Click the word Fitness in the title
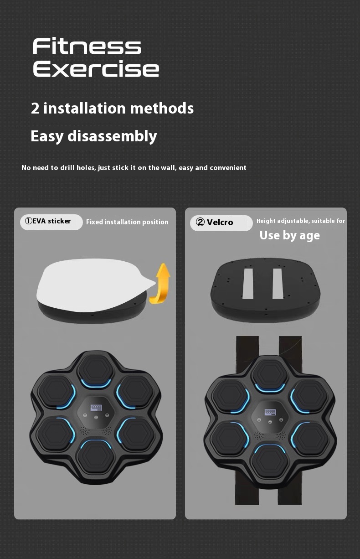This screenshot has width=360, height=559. click(x=87, y=46)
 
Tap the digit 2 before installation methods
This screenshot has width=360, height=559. click(x=35, y=109)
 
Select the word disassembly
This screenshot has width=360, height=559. click(x=112, y=136)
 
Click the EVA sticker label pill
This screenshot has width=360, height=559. click(x=51, y=222)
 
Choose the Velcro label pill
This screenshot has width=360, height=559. click(x=221, y=223)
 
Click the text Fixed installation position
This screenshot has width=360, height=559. click(x=127, y=222)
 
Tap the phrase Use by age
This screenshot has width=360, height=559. click(x=290, y=235)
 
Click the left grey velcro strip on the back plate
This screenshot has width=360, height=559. click(x=248, y=284)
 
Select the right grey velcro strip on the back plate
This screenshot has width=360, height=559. click(x=278, y=284)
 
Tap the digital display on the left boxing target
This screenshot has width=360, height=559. click(x=96, y=408)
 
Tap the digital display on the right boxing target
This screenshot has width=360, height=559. click(x=270, y=412)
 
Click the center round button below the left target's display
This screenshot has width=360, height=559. click(x=96, y=418)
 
